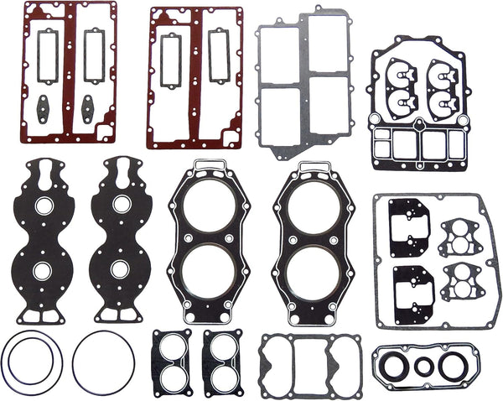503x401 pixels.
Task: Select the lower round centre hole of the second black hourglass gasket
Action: (x=119, y=270)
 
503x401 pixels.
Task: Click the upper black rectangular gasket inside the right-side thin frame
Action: (x=409, y=228)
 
